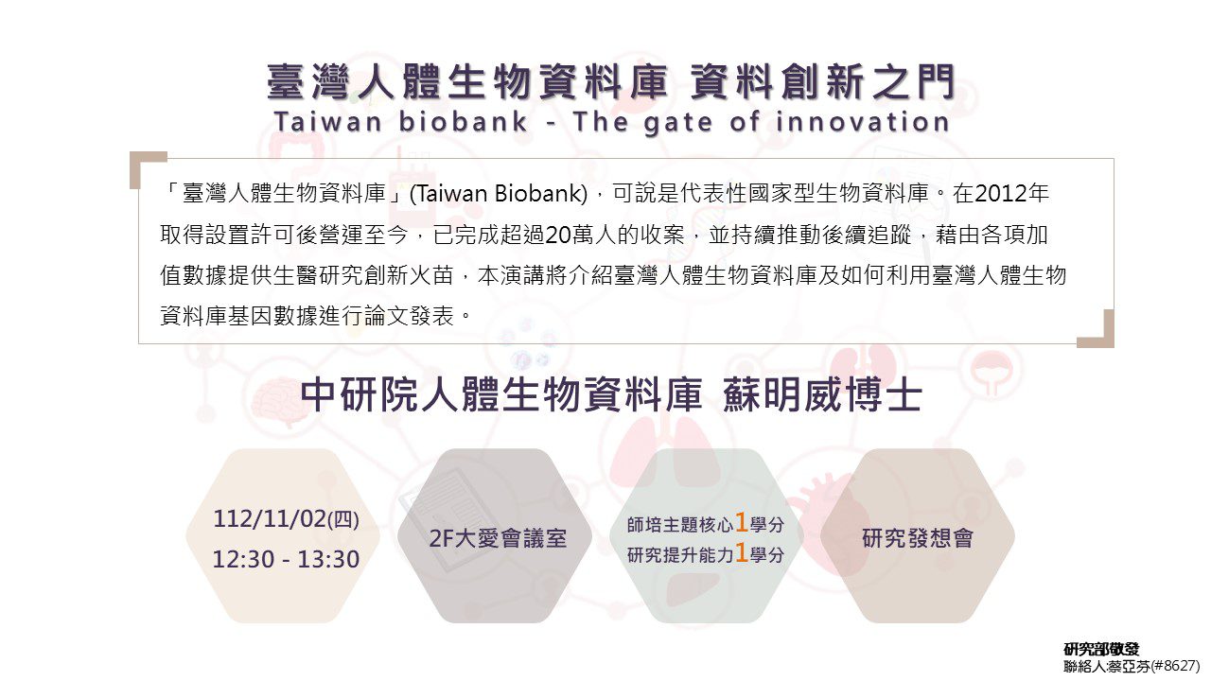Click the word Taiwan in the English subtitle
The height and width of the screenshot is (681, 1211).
[328, 122]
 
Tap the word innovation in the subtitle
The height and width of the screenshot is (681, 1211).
[863, 122]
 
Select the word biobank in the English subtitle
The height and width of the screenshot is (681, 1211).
[463, 122]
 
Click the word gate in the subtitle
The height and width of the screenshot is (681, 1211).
[678, 123]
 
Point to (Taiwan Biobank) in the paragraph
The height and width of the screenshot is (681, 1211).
[499, 194]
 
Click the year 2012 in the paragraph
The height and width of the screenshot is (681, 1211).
[1001, 194]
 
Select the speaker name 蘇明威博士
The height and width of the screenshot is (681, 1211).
[822, 395]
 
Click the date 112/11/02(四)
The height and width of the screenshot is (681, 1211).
[286, 519]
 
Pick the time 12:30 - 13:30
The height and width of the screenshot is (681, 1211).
[286, 559]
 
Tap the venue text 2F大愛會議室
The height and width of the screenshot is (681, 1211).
[498, 538]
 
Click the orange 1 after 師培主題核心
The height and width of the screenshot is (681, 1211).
[741, 523]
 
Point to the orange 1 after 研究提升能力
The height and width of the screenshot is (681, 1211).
[741, 553]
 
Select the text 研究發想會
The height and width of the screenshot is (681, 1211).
[918, 538]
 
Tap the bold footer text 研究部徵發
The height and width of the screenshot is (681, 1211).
[1101, 649]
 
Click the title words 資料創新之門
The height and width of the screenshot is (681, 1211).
[822, 81]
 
